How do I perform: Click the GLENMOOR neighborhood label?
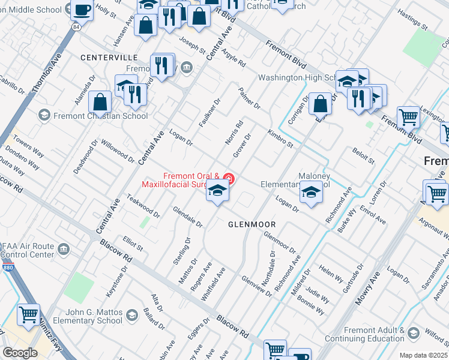[252, 224]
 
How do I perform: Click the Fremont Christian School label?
[100, 116]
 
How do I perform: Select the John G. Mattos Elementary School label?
[86, 316]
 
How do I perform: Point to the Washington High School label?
[300, 78]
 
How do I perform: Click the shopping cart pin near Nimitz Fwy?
[28, 314]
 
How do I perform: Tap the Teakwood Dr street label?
[143, 206]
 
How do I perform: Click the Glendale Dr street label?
[187, 217]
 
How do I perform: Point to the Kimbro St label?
[280, 138]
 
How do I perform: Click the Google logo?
[20, 353]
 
